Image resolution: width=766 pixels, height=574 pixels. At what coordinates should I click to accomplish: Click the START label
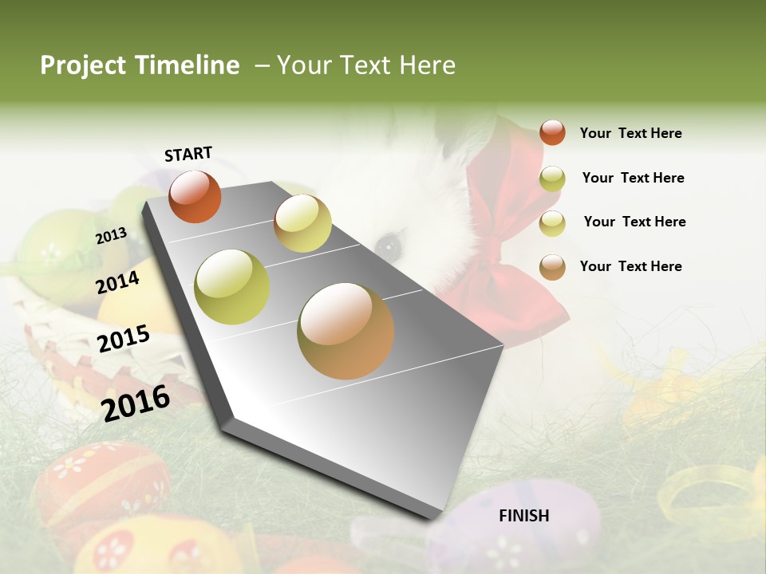(x=188, y=154)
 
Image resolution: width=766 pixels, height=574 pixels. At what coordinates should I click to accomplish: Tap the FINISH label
(x=524, y=516)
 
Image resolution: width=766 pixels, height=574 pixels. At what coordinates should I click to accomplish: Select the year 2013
(x=111, y=235)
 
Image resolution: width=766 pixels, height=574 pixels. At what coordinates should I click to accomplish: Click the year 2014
(x=118, y=281)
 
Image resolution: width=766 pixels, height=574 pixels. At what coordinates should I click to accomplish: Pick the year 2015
(x=124, y=338)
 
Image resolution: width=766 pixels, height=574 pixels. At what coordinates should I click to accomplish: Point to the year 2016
(x=136, y=403)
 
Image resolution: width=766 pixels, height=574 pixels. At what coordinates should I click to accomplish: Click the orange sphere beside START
(x=195, y=196)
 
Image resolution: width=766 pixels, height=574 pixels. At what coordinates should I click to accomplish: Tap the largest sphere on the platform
(x=345, y=330)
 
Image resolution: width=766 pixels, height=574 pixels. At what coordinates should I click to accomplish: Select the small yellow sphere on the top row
(x=302, y=223)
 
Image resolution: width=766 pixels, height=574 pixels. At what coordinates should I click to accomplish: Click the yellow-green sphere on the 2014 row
(x=232, y=286)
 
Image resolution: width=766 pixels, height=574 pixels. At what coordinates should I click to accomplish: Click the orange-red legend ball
(x=552, y=132)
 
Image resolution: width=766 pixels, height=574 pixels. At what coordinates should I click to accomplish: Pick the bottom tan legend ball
(x=552, y=266)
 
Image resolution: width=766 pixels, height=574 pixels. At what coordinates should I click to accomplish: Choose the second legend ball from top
(x=552, y=179)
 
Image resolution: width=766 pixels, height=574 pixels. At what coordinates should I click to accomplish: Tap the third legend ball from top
(x=552, y=223)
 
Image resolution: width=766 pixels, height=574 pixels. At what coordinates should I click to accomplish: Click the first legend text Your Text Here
(x=630, y=133)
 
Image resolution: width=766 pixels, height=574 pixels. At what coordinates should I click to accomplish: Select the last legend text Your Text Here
(x=630, y=266)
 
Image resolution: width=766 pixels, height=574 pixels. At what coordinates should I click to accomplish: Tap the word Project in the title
(x=84, y=65)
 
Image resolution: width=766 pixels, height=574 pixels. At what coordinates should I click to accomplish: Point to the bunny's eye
(x=389, y=246)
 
